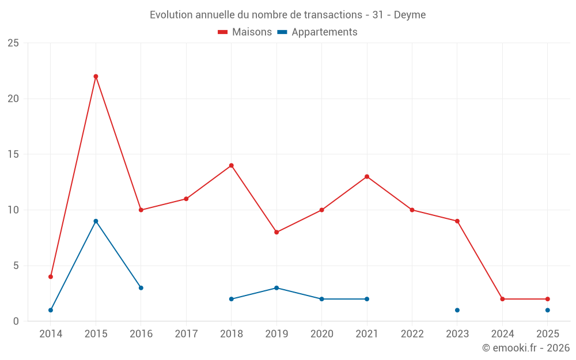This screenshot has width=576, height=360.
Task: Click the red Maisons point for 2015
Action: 96,77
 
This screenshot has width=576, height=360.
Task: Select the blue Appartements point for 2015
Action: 96,221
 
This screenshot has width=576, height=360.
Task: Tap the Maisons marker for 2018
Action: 232,165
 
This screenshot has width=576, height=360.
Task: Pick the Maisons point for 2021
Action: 367,177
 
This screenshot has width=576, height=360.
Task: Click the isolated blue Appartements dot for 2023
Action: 457,310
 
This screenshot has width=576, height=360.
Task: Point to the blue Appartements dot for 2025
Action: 548,310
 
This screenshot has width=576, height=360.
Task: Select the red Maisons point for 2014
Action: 51,276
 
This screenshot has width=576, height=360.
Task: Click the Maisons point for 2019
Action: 276,232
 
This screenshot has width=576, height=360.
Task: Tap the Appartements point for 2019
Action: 276,288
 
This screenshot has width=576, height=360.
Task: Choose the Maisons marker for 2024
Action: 502,299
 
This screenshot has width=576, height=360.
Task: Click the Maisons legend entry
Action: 245,32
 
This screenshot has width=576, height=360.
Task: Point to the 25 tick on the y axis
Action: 13,43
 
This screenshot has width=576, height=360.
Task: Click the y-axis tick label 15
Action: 13,154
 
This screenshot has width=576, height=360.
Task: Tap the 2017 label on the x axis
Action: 186,334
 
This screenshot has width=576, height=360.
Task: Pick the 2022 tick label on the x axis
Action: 412,334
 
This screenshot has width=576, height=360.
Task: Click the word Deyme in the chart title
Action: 410,15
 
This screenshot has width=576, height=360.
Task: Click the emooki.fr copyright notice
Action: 526,348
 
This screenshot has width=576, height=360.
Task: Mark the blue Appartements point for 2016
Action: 141,288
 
